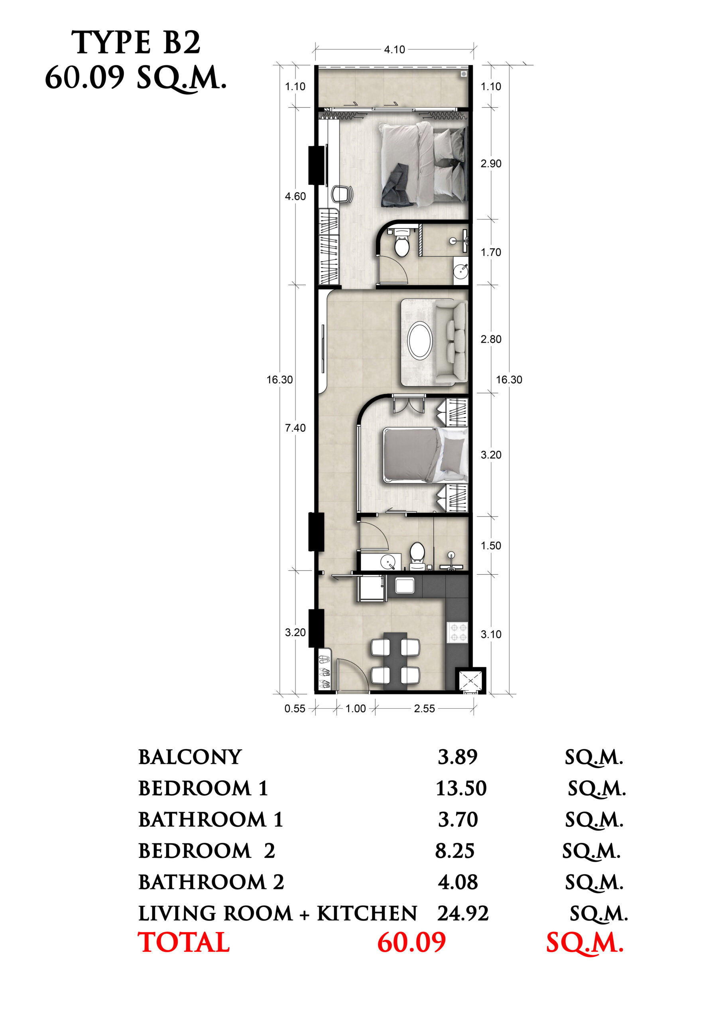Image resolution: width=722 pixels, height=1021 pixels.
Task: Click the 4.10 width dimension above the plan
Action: point(394,49)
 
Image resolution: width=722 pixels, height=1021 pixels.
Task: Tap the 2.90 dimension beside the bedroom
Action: point(491,164)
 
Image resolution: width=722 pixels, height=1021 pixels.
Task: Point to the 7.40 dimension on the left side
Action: point(295,428)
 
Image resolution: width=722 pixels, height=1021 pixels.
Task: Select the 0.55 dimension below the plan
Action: point(295,708)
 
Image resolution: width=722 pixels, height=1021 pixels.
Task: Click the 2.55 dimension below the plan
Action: point(424,708)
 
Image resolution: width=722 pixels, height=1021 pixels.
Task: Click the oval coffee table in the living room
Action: point(420,341)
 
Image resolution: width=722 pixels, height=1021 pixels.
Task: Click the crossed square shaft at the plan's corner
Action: point(470,680)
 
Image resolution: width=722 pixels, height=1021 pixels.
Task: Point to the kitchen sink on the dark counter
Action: point(405,585)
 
